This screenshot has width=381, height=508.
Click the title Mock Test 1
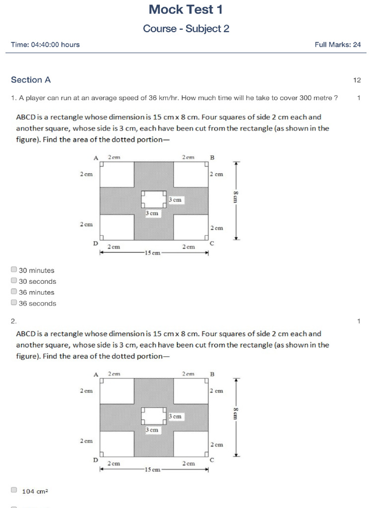tap(186, 9)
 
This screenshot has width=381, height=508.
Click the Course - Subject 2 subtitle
tap(186, 29)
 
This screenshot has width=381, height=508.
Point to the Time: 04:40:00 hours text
tap(45, 45)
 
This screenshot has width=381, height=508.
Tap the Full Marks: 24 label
tap(337, 45)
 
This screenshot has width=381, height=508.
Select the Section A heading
tap(31, 80)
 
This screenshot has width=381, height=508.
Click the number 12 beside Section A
tap(357, 80)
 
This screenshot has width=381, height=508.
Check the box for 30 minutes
tap(14, 270)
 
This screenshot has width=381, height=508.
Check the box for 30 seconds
tap(14, 281)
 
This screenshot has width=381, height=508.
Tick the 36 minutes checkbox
tap(14, 292)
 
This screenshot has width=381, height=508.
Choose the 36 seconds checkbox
tap(14, 303)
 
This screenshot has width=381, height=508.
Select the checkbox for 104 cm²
tap(14, 490)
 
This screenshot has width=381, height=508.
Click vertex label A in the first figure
tap(96, 158)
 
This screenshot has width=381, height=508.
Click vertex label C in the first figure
tap(212, 244)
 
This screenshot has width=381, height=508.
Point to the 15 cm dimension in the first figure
tap(152, 253)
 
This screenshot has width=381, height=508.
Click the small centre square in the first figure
tap(154, 199)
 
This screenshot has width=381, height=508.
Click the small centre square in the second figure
tap(154, 416)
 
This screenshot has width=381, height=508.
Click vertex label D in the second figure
tap(95, 460)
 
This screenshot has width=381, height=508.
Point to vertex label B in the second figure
tap(212, 374)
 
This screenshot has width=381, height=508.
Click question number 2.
tap(14, 321)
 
